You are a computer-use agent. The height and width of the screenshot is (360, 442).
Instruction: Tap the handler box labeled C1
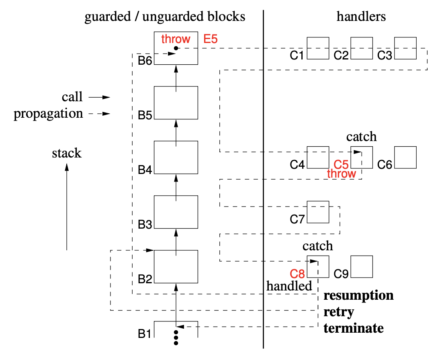(x=318, y=48)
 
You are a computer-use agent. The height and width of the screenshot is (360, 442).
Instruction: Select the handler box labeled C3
(x=405, y=48)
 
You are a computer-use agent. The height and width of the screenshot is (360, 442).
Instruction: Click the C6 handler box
(x=405, y=157)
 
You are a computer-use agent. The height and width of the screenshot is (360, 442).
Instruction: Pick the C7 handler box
(x=318, y=212)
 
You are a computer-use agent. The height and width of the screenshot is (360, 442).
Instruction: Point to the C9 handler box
(x=362, y=266)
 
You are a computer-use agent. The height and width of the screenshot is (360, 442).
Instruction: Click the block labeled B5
(x=176, y=102)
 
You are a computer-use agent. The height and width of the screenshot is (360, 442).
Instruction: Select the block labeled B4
(x=176, y=157)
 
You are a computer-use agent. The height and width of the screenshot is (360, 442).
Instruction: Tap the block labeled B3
(x=176, y=212)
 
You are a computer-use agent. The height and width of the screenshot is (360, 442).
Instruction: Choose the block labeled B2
(x=176, y=266)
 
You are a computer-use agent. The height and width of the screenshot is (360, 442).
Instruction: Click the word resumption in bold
(x=358, y=296)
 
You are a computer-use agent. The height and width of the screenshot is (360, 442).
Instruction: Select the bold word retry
(x=339, y=312)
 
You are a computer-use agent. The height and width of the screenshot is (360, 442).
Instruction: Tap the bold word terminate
(x=354, y=328)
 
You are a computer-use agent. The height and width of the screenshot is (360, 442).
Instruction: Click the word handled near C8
(x=289, y=286)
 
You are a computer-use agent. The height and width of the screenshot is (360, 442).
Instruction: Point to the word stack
(x=67, y=153)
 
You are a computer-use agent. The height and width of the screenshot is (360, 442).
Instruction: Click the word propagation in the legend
(x=48, y=114)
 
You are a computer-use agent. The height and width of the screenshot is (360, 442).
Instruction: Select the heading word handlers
(x=361, y=16)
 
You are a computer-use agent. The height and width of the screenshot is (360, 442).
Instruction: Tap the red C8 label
(x=297, y=274)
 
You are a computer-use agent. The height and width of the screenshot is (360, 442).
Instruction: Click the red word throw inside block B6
(x=176, y=39)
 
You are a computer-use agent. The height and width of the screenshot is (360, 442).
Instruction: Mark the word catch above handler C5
(x=362, y=137)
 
